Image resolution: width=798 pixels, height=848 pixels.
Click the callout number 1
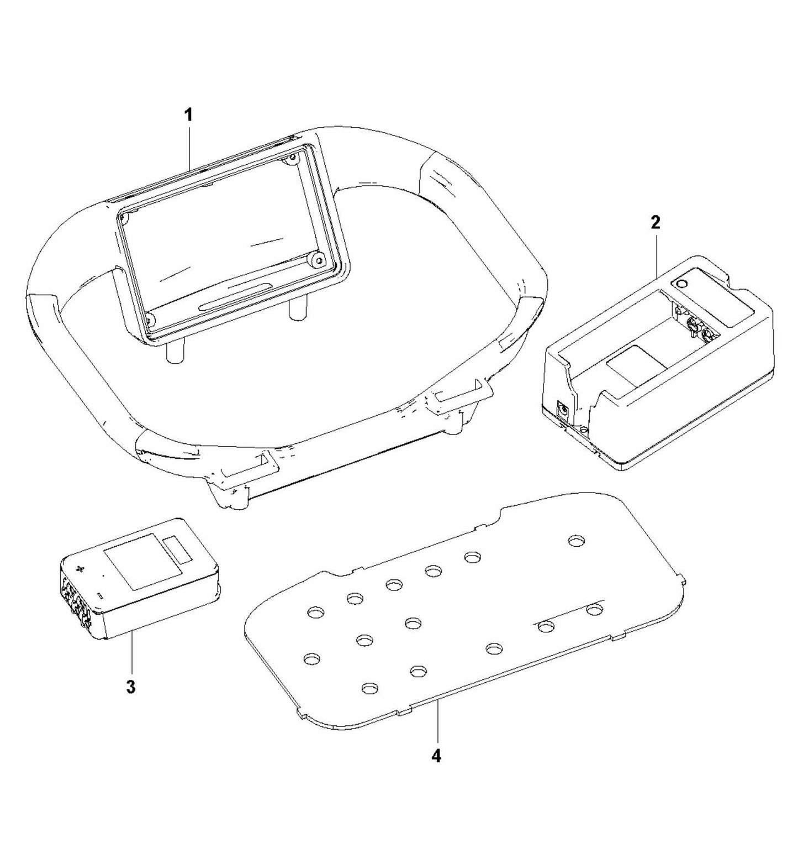click(x=188, y=115)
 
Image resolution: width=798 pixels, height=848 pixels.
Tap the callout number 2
click(x=655, y=222)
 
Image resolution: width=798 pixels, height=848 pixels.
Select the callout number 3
click(x=130, y=687)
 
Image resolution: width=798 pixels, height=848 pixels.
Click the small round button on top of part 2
click(x=682, y=284)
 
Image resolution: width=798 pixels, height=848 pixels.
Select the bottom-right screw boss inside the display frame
click(x=316, y=259)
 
